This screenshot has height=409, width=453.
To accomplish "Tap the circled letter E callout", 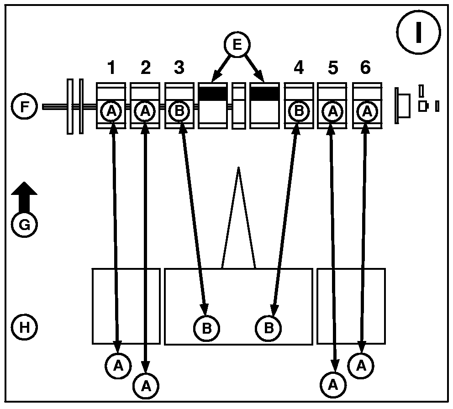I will point(237,45).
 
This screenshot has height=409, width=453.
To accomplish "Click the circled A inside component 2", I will point(145,111).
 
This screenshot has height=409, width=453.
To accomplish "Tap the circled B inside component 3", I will point(179,111).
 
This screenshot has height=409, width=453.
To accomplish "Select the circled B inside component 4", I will point(299,111).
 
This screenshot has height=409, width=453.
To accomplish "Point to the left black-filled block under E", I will point(213,93).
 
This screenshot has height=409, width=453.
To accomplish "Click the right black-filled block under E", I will point(265,93).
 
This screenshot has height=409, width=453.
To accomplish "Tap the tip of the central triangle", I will point(238,168).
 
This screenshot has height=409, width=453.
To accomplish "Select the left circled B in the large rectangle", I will point(206,328).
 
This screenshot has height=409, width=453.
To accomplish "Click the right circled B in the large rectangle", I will point(269,328).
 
